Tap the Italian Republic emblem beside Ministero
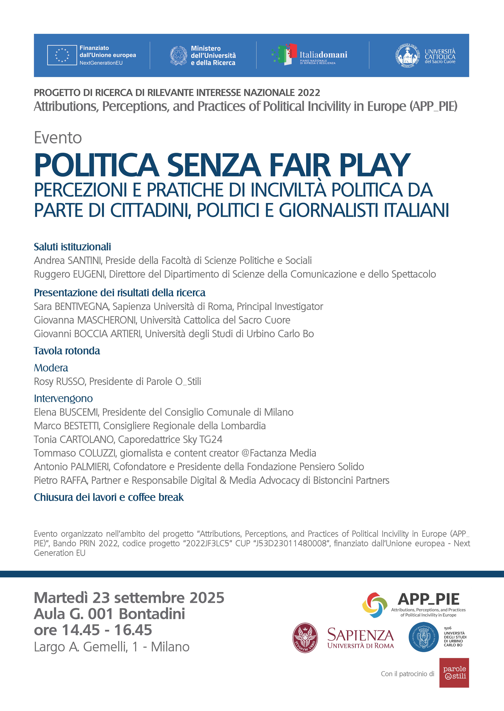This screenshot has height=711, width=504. [x=178, y=56]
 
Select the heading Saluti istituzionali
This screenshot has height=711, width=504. [x=72, y=247]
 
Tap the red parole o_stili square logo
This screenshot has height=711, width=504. [x=454, y=673]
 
